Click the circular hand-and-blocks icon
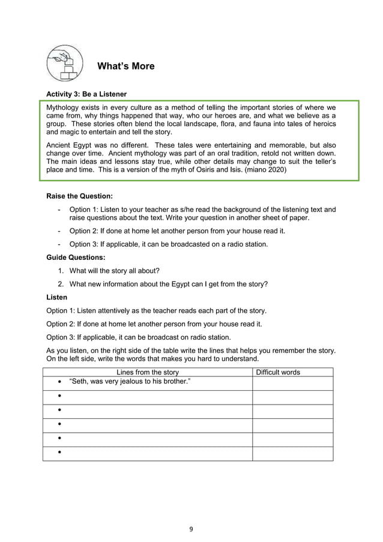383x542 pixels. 65,63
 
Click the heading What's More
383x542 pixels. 125,66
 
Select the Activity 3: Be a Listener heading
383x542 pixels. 86,94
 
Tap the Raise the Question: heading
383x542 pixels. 79,196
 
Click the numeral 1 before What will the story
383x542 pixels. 61,271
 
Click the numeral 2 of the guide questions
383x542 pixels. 61,284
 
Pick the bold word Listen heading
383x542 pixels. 57,297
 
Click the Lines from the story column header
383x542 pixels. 147,372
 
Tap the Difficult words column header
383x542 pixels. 278,372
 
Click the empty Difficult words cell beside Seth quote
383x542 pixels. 292,382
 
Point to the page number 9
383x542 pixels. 191,529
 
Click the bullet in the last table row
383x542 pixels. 61,453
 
